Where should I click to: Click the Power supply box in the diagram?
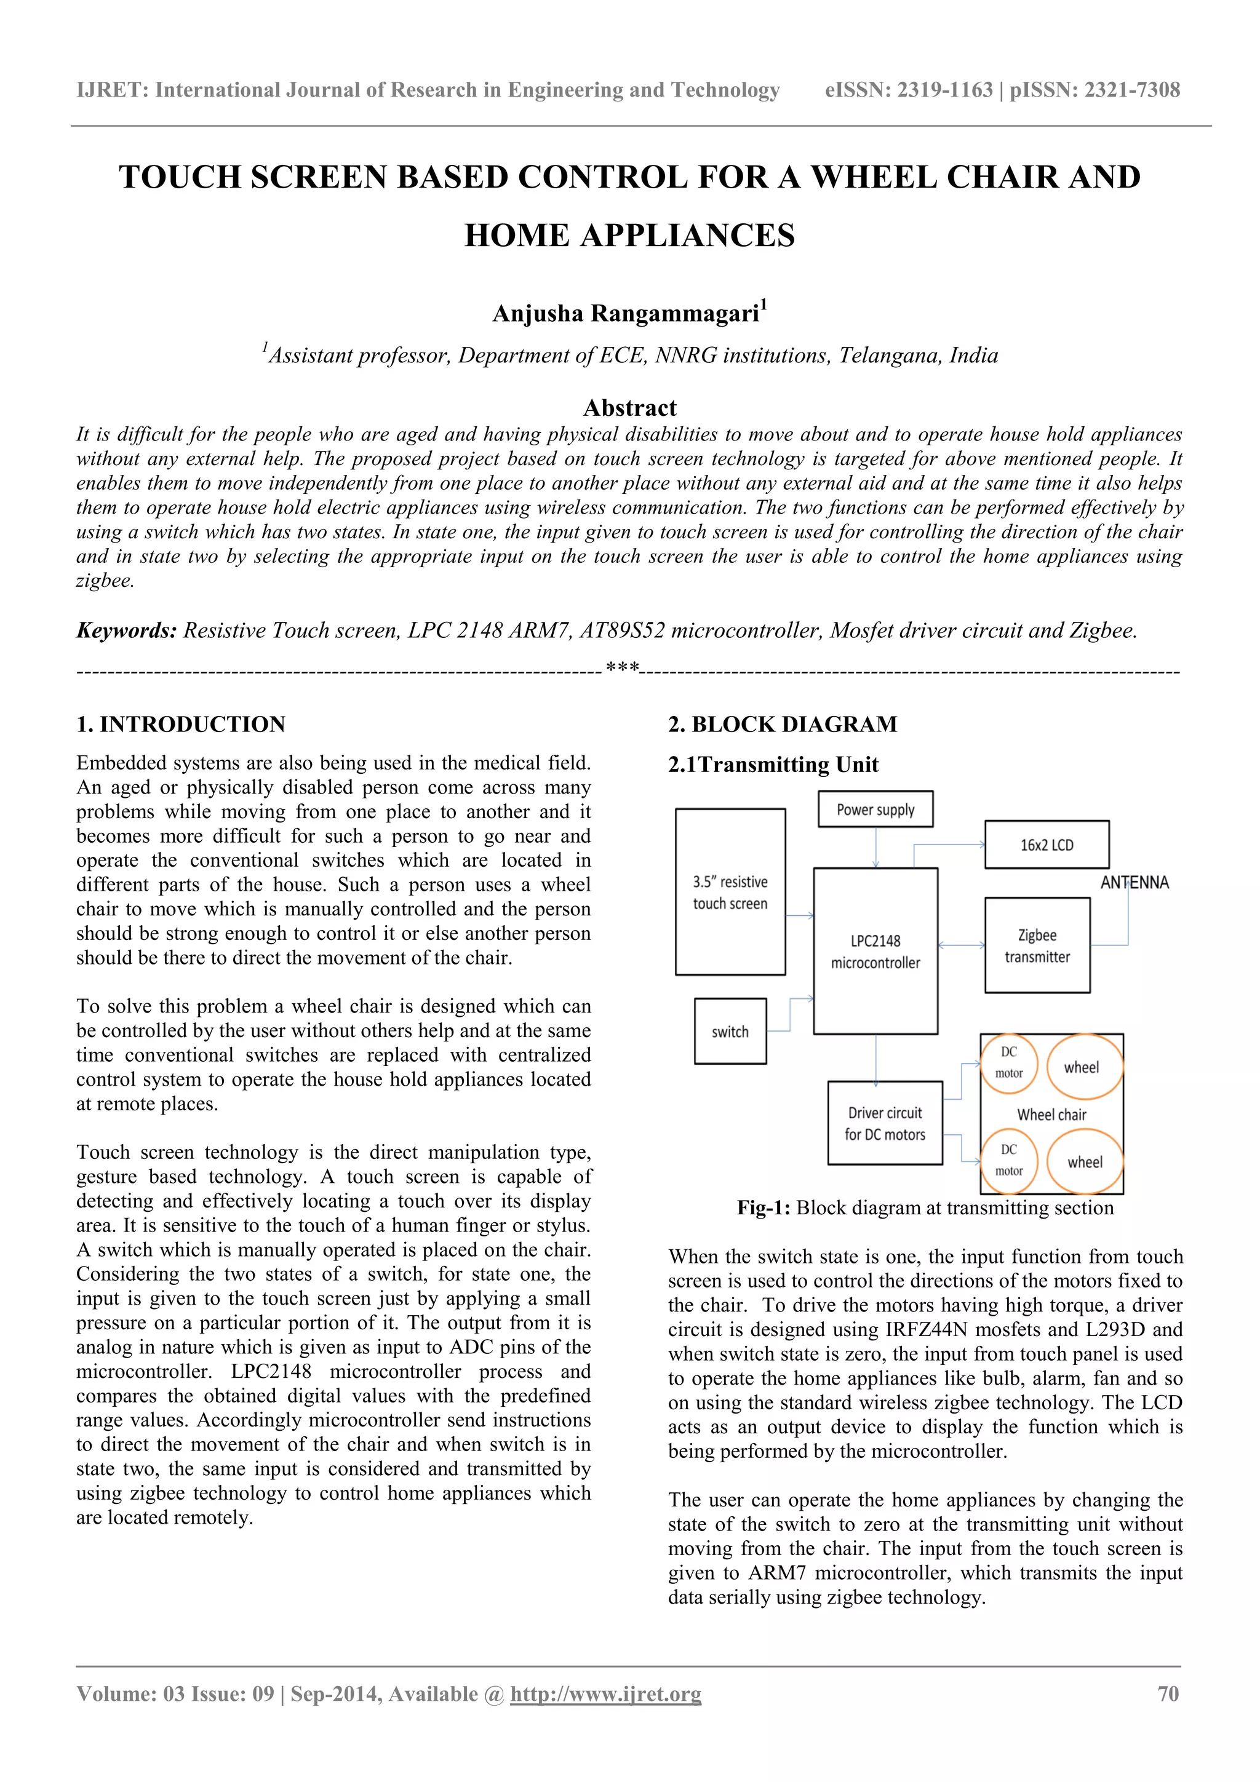tap(875, 809)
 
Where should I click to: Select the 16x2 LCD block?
tap(1046, 845)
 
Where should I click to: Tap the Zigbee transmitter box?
tap(1037, 945)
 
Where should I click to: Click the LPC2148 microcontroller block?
tap(875, 952)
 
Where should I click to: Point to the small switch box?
tap(730, 1032)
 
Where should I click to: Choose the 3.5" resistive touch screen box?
tap(730, 892)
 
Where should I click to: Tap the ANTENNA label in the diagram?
tap(1134, 883)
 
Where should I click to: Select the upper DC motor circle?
tap(1008, 1062)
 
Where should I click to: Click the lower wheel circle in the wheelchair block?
tap(1085, 1162)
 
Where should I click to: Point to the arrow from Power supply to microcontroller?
tap(875, 848)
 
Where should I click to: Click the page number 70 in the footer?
tap(1168, 1693)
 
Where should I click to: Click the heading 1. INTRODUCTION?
tap(181, 724)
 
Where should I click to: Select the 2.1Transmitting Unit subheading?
tap(773, 765)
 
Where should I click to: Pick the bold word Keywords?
tap(127, 630)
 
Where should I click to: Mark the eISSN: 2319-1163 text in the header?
tap(908, 90)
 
